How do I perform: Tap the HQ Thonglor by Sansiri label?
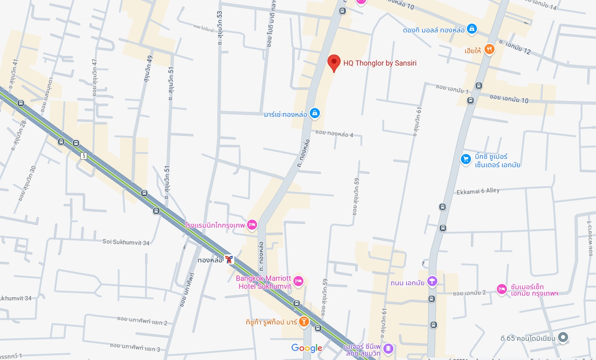[x=380, y=63]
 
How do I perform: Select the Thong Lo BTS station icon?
[x=229, y=260]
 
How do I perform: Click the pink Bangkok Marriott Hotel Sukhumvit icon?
[x=298, y=282]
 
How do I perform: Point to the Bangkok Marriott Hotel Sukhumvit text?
[x=264, y=282]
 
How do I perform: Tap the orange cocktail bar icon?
[x=304, y=322]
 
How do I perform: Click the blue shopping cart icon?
[x=466, y=159]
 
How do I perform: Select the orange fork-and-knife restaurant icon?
[x=489, y=49]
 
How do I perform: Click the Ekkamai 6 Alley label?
[x=478, y=191]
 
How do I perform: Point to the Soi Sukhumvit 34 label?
[x=126, y=242]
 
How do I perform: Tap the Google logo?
[x=307, y=348]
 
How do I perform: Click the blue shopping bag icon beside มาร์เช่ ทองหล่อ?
[x=315, y=113]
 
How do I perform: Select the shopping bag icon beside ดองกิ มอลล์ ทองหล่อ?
[x=472, y=29]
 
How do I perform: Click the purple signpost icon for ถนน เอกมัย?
[x=432, y=281]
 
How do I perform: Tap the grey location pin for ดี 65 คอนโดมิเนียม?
[x=563, y=338]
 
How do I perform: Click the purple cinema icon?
[x=388, y=349]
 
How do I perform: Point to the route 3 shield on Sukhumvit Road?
[x=84, y=156]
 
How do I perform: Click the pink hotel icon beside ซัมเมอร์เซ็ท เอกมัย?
[x=502, y=289]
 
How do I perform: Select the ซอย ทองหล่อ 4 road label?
[x=334, y=134]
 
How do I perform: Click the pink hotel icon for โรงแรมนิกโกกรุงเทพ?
[x=252, y=225]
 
